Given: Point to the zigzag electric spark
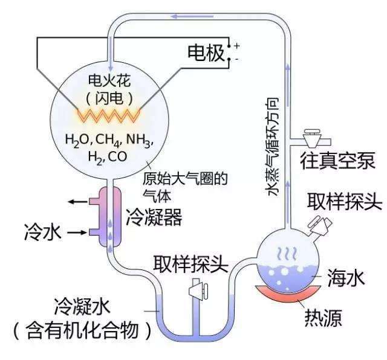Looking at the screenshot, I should click(109, 113).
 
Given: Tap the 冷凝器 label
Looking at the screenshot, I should click(154, 217).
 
